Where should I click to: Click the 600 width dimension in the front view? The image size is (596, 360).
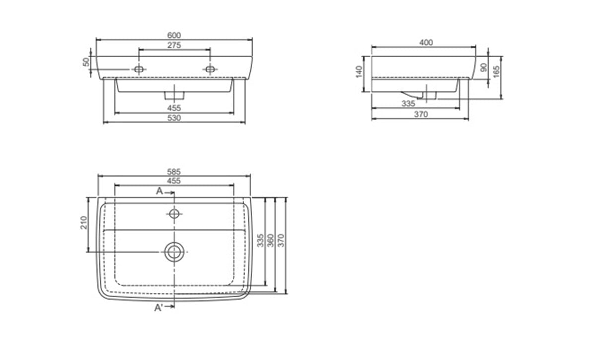point(174,35)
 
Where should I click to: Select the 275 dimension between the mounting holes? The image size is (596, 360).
point(174,45)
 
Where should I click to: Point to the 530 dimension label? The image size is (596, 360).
point(174,118)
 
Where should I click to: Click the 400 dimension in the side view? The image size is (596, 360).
point(426,43)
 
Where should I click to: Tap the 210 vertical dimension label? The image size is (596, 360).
point(84,223)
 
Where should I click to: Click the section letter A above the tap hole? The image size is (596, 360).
point(159,191)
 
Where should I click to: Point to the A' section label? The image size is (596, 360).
point(159,308)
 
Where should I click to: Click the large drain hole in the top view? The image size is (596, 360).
point(174,252)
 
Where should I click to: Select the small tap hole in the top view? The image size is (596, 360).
point(174,214)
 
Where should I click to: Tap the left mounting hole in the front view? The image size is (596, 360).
point(139,69)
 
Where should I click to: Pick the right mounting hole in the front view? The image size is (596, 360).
point(210,69)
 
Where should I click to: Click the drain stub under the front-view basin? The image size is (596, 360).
point(174,93)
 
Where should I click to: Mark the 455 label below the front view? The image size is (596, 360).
point(174,108)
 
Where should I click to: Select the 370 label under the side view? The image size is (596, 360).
point(421,114)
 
